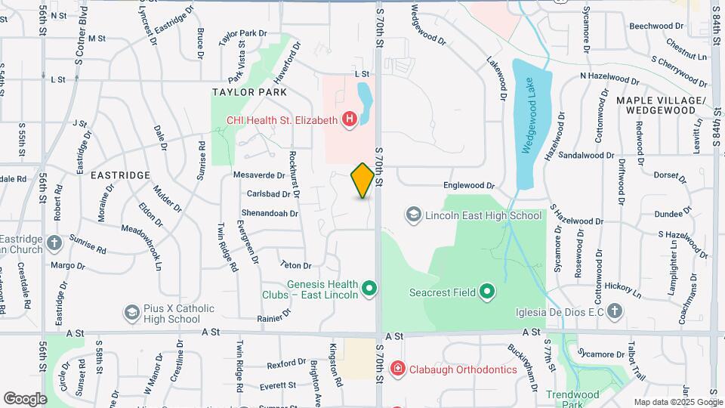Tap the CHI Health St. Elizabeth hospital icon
point(350,119)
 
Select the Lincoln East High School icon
point(413,215)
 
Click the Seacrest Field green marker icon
point(488,291)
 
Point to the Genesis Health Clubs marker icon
point(369,288)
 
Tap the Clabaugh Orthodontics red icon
point(397,369)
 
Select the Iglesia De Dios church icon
point(615,311)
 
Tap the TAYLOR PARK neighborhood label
point(249,92)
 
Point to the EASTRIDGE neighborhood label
point(120,175)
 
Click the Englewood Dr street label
point(468,185)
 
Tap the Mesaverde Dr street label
point(258,175)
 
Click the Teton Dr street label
point(295,265)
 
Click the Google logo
point(25,398)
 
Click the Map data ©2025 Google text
point(678,402)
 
